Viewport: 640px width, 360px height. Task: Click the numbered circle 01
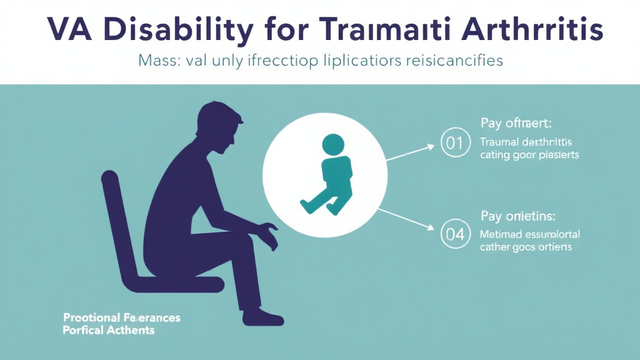455,143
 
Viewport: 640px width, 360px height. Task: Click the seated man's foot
266,316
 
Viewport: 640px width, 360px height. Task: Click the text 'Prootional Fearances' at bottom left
122,318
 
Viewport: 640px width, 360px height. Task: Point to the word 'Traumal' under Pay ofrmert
497,141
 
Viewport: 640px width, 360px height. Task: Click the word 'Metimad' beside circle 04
499,234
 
